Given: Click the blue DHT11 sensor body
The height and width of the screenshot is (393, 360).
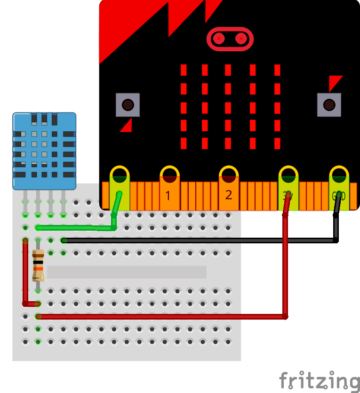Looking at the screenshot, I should click(x=43, y=150).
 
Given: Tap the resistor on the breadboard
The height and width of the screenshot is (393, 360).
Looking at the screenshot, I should click(x=38, y=266).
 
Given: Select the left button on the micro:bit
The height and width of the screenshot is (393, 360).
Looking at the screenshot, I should click(x=127, y=104).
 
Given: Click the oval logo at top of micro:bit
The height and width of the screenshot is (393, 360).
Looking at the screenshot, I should click(x=230, y=39).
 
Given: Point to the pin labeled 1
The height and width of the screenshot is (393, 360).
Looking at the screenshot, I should click(x=169, y=179).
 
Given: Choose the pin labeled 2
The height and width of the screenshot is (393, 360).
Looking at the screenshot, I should click(x=229, y=179).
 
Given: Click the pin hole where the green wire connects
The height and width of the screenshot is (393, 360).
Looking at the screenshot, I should click(x=120, y=180).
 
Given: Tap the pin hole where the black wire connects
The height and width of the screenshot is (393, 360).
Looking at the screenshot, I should click(x=339, y=180).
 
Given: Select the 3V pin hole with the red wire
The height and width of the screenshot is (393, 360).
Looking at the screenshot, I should click(x=288, y=180).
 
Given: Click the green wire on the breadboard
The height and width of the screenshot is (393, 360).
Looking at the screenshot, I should click(x=80, y=227).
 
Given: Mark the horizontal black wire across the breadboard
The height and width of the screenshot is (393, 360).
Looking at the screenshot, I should click(x=200, y=240).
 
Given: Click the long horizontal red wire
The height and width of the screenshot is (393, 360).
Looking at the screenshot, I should click(x=160, y=316).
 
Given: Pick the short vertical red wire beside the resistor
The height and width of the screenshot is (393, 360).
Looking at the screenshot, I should click(x=26, y=270).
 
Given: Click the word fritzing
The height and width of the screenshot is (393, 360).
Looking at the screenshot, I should click(x=318, y=381).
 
